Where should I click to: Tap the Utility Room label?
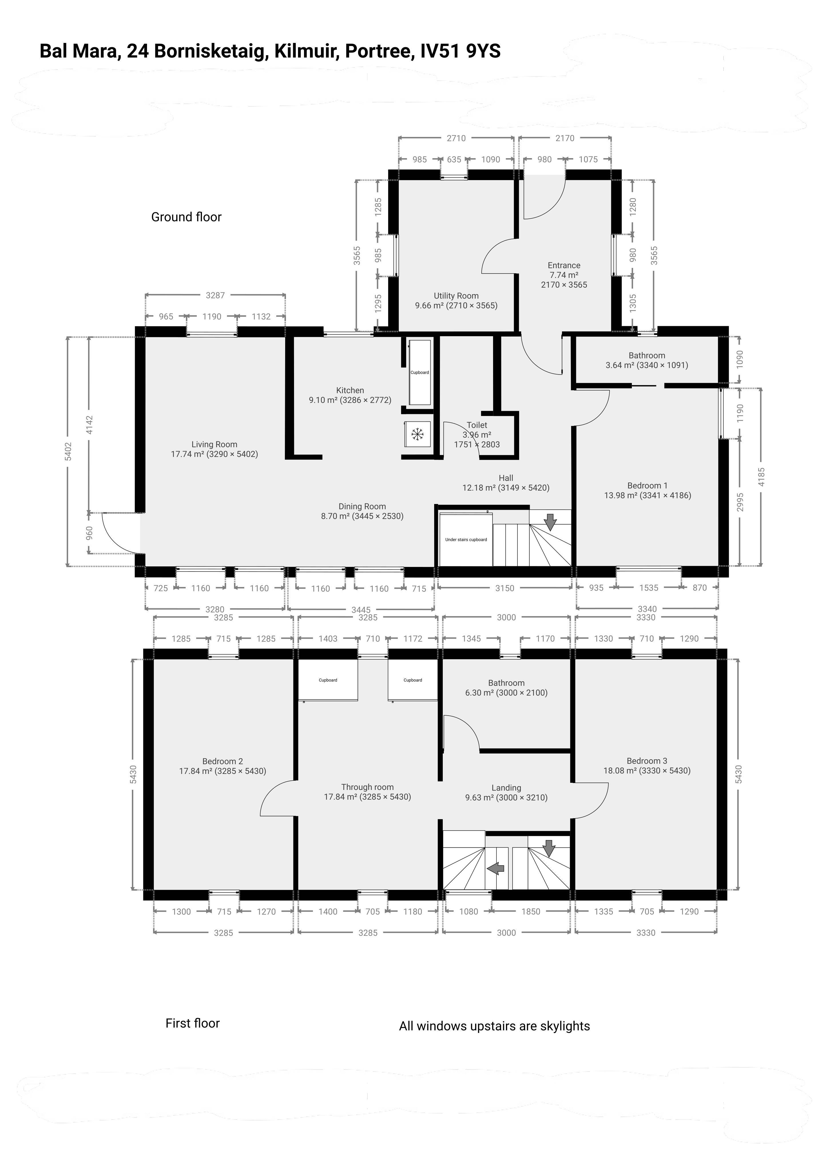coord(456,296)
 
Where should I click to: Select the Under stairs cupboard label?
coord(466,539)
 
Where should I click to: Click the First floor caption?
coord(192,1023)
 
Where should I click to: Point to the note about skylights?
coord(494,1026)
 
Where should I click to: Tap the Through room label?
coord(367,787)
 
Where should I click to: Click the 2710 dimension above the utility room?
coord(456,138)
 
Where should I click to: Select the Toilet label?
coord(477,425)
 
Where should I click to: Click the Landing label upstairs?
coord(506,788)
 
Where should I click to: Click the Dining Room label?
coord(362,506)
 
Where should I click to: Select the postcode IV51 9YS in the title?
coord(460,51)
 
